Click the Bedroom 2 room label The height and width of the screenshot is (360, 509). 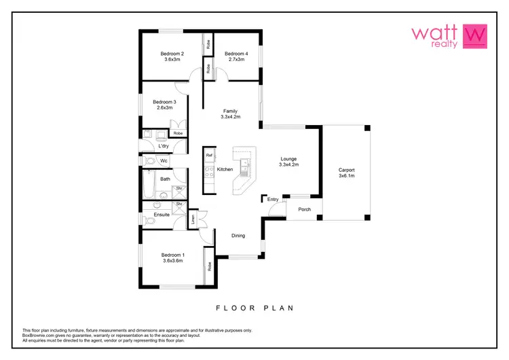tap(172, 53)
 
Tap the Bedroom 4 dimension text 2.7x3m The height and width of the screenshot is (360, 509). tap(236, 60)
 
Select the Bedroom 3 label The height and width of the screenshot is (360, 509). tap(164, 102)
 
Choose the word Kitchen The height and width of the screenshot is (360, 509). tap(225, 169)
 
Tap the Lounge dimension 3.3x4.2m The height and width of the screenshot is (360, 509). tap(288, 165)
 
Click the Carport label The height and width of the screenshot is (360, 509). tap(347, 170)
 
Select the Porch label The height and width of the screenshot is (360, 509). tap(305, 209)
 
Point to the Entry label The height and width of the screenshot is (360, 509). tap(273, 200)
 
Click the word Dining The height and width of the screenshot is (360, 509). tap(238, 236)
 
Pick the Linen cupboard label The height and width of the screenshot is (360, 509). tap(193, 219)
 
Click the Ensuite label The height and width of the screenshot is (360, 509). tap(162, 215)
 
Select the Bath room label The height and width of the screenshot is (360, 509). tap(165, 179)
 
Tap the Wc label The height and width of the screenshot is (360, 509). tap(164, 161)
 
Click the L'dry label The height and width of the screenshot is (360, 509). tap(163, 146)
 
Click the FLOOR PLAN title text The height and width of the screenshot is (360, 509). tap(254, 308)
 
